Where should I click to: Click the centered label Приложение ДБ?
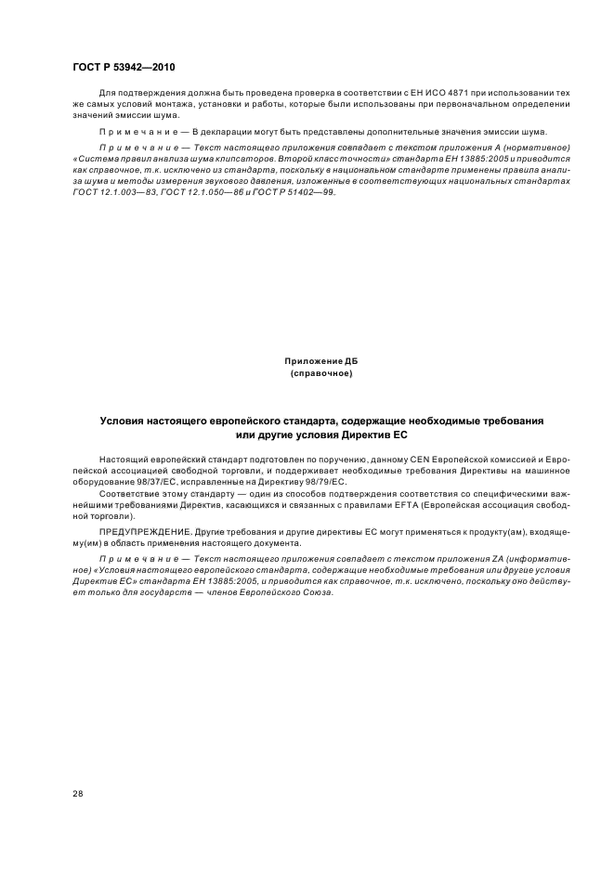pos(320,359)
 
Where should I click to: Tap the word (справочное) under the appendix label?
pos(320,372)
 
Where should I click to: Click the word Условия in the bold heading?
pos(125,422)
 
